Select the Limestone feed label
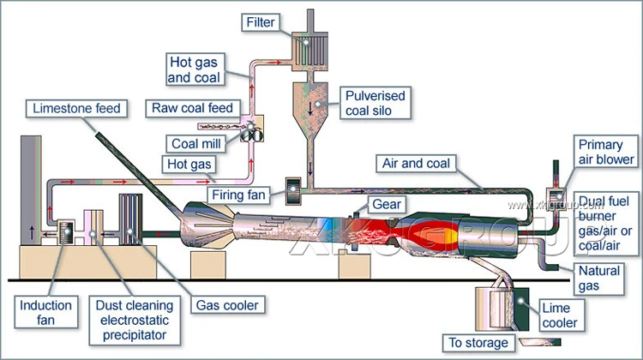click(77, 109)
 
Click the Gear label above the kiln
click(383, 205)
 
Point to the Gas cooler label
click(227, 304)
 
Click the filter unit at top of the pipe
click(306, 52)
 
